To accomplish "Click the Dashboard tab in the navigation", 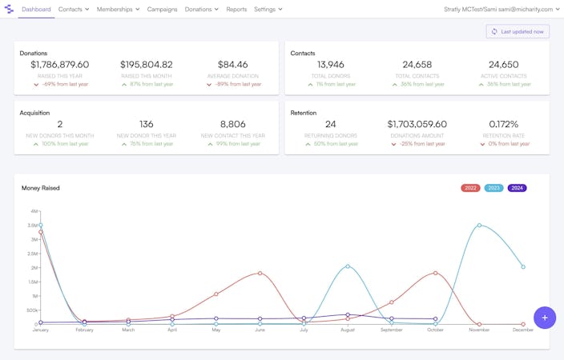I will tap(36, 9).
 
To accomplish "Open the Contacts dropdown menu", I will tap(74, 9).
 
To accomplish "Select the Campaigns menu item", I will tap(162, 9).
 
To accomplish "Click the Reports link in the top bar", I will tap(236, 9).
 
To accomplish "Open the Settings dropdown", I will tap(268, 9).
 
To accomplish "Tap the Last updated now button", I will tap(518, 31).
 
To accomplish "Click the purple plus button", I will tap(545, 318).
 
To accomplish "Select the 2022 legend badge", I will tap(470, 188).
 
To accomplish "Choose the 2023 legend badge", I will tap(493, 188).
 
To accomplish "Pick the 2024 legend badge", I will tap(517, 188).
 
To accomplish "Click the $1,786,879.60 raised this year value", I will tap(60, 65).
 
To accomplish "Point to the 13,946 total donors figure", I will tap(331, 65).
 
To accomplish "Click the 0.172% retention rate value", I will tap(504, 124).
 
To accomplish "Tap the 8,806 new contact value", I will tap(233, 124).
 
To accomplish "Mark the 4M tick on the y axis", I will tap(34, 211).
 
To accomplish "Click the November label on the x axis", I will tap(479, 330).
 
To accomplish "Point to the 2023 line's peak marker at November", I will tap(479, 225).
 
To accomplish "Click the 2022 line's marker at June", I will tap(260, 273).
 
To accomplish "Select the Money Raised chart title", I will tap(40, 188).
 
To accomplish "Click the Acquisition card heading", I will tap(35, 113).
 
